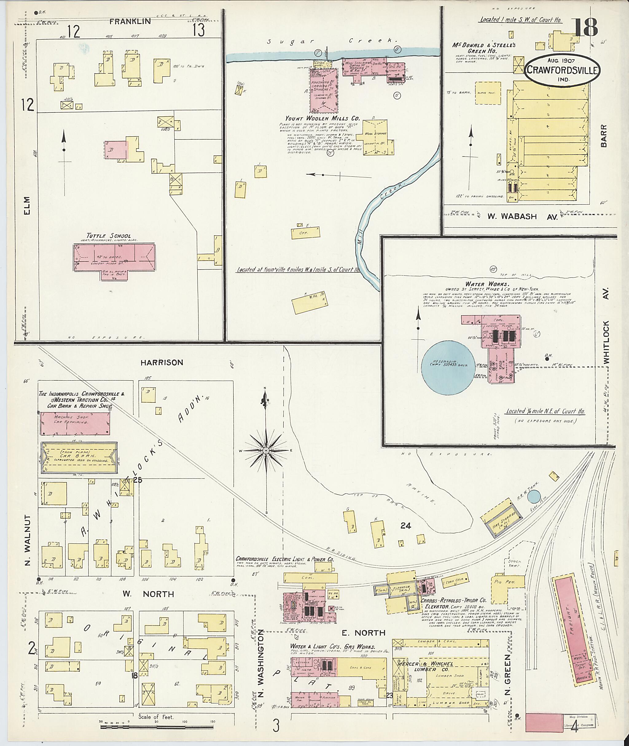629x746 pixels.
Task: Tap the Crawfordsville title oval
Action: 562,70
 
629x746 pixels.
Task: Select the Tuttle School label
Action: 108,236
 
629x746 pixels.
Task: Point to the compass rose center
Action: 266,451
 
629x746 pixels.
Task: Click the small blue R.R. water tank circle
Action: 533,496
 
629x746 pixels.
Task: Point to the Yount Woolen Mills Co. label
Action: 322,118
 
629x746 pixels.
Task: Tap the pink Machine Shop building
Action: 75,423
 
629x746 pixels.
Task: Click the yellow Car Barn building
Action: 78,458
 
